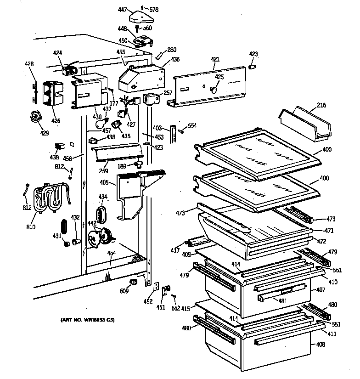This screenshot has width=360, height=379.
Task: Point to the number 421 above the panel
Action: [215, 59]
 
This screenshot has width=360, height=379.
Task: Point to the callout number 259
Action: [103, 171]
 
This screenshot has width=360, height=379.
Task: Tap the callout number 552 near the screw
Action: [175, 308]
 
